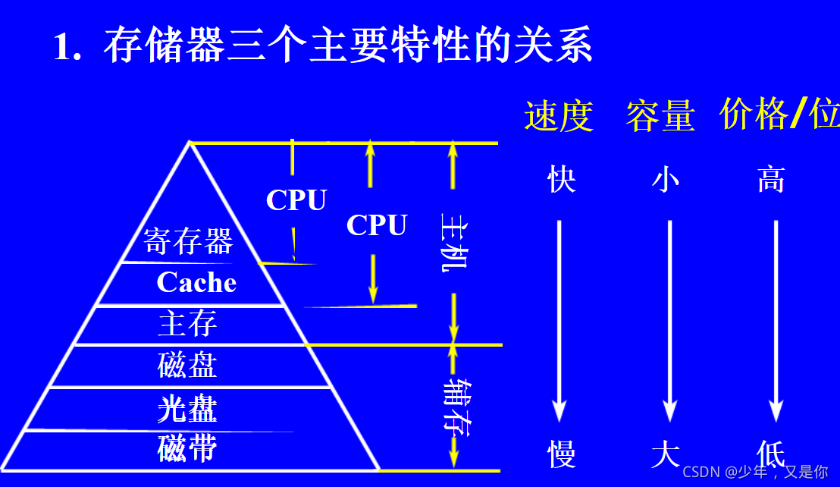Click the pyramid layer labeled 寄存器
(x=188, y=242)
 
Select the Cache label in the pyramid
(x=196, y=283)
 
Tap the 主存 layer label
(x=187, y=324)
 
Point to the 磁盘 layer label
(x=187, y=366)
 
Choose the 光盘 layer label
(x=187, y=410)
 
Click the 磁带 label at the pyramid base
(x=187, y=448)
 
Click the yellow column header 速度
(x=558, y=117)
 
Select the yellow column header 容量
(x=660, y=117)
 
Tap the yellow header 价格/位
(x=779, y=115)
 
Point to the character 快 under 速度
(x=561, y=181)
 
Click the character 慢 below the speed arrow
(x=561, y=454)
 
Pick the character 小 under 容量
(x=666, y=181)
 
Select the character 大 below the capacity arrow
(x=666, y=454)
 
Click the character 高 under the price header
(x=771, y=181)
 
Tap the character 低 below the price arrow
(x=771, y=453)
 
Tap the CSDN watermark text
(x=755, y=472)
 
